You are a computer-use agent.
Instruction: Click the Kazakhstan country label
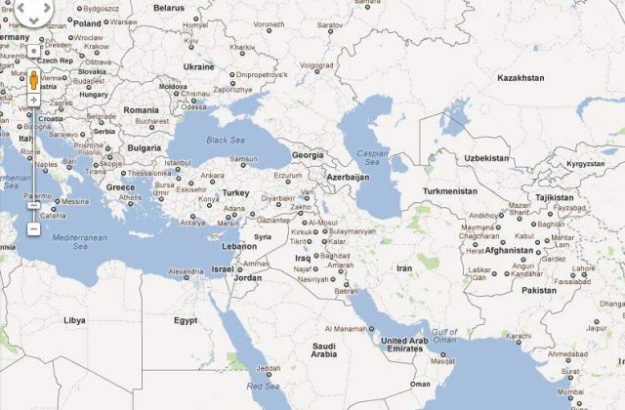tap(521, 77)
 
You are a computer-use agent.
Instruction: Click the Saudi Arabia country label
tap(324, 350)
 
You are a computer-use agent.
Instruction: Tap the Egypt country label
tap(186, 320)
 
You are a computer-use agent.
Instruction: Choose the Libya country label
tap(74, 320)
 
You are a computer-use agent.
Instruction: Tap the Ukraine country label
tap(198, 67)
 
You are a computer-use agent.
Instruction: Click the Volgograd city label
tap(316, 66)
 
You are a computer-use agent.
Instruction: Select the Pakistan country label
tap(538, 290)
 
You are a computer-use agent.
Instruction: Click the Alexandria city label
tap(187, 272)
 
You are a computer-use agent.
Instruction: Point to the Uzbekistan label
tap(486, 158)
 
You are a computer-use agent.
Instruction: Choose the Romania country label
tap(140, 110)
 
